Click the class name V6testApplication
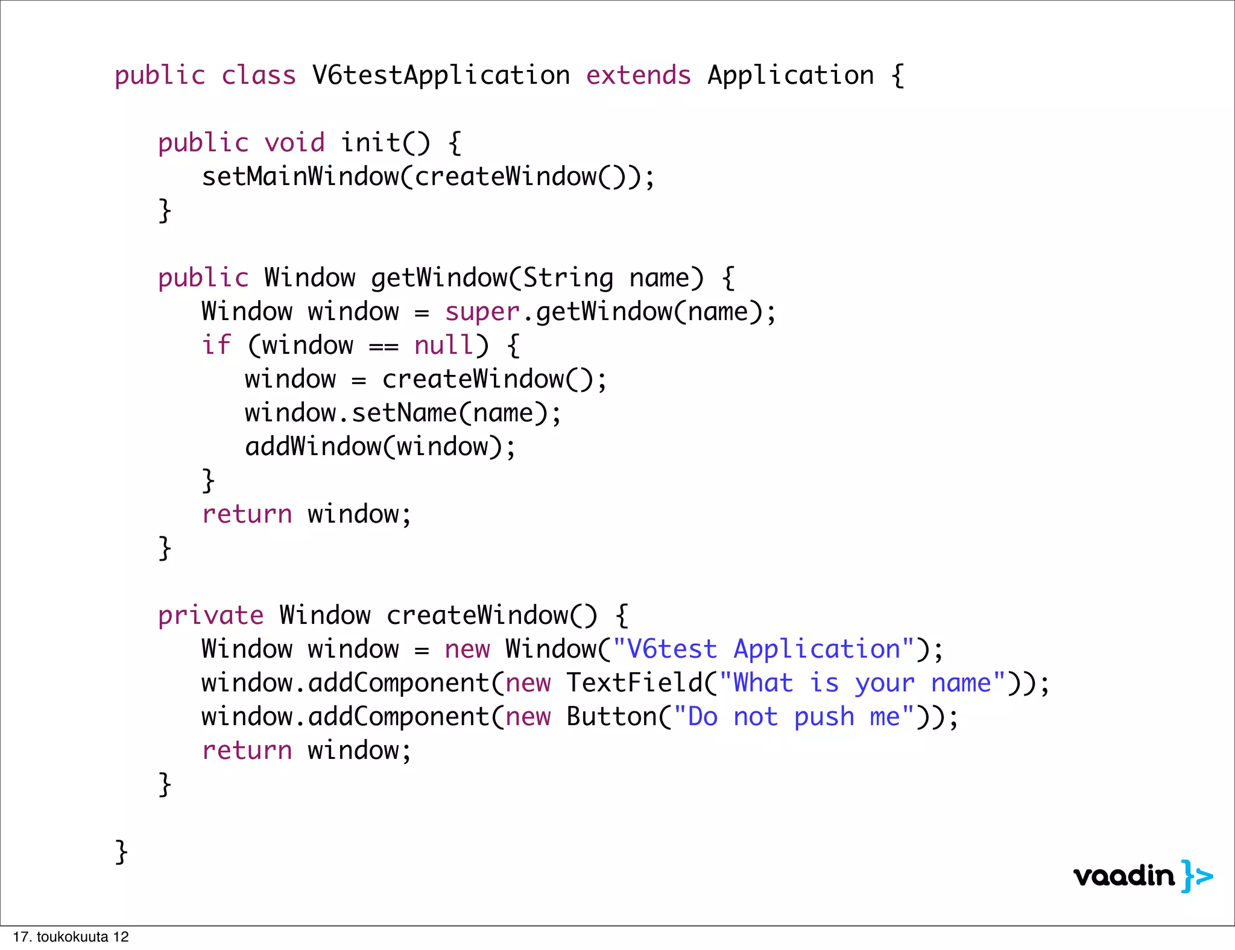point(441,75)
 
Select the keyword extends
point(638,75)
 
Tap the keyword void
point(294,143)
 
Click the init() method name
point(385,143)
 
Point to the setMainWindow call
point(299,177)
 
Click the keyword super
point(482,312)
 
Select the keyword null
point(444,345)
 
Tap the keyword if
point(216,345)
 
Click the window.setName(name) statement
point(403,413)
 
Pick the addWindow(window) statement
point(380,447)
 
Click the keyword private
point(210,615)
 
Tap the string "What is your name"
point(862,683)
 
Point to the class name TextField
point(634,683)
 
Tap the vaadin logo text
point(1124,876)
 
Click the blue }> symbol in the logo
point(1196,876)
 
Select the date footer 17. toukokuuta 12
point(71,937)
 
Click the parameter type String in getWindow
point(568,278)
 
